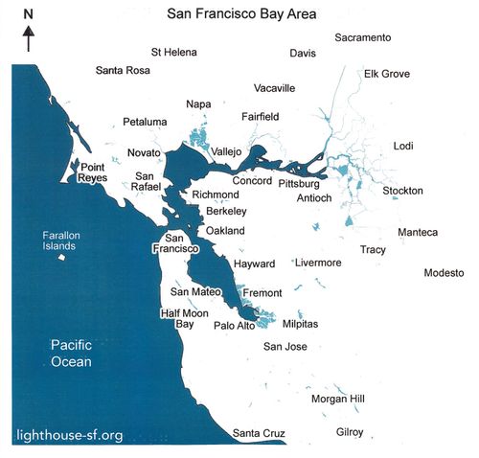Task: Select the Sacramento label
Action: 362,37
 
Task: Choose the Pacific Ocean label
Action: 72,355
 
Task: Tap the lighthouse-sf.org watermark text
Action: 70,436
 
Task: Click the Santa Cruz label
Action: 259,434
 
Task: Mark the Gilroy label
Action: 350,432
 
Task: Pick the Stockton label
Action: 402,191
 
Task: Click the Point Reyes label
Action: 98,172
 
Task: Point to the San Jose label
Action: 285,346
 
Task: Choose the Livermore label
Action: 318,262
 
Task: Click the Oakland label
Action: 226,231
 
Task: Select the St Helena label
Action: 175,52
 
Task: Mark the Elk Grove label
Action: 387,74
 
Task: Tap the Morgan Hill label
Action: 337,399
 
